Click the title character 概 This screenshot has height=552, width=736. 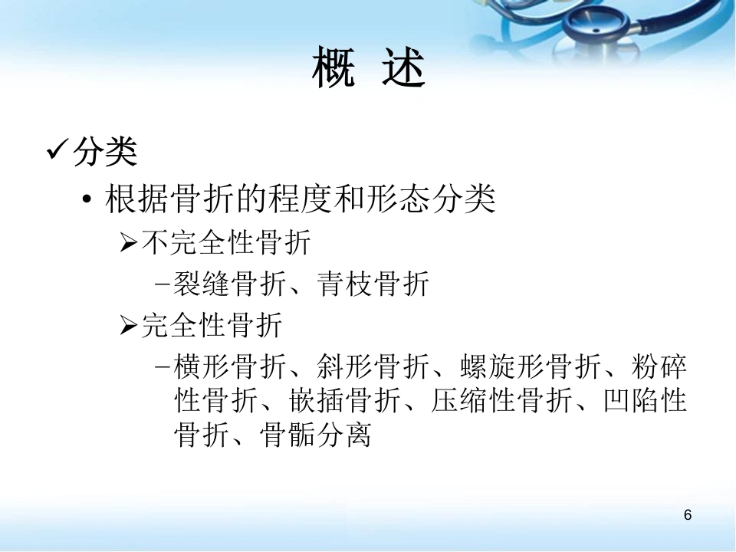tap(333, 67)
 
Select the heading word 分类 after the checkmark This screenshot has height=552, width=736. tap(105, 152)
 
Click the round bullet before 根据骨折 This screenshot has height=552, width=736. tap(87, 199)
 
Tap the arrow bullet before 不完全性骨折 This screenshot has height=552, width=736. tap(128, 242)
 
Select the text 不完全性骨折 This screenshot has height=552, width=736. tap(226, 242)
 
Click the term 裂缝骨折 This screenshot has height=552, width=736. tap(230, 284)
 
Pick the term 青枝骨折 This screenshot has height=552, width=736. tap(373, 284)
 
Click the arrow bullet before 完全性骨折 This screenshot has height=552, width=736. tap(128, 325)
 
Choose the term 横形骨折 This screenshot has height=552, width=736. tap(230, 366)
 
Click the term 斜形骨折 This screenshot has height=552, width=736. tap(373, 366)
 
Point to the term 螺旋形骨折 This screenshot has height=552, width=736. tap(530, 366)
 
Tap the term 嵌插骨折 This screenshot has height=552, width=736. tap(344, 400)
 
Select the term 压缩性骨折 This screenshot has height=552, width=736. tap(501, 400)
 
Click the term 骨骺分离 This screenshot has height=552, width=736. tap(315, 435)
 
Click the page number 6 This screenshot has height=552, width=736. tap(688, 515)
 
